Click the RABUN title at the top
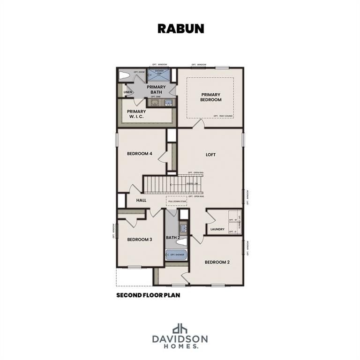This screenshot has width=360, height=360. click(x=180, y=28)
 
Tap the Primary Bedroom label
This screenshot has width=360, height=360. click(x=211, y=97)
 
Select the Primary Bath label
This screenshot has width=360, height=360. click(x=156, y=90)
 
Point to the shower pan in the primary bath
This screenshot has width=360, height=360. click(x=158, y=74)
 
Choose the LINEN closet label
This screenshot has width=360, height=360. click(x=127, y=92)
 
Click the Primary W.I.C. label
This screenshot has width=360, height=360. click(x=136, y=114)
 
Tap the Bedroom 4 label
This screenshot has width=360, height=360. click(x=140, y=153)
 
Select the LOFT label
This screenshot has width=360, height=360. click(x=211, y=154)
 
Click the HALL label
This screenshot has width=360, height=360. click(x=141, y=200)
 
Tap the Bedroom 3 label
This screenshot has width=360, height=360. click(x=140, y=239)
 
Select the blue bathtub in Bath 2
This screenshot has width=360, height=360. click(x=177, y=255)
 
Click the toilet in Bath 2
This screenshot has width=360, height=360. click(x=182, y=242)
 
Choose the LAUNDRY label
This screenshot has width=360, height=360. click(x=217, y=229)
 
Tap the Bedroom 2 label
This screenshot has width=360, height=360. click(x=217, y=262)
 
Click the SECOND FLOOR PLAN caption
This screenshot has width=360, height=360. click(x=148, y=296)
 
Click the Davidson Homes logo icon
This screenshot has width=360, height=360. click(x=180, y=329)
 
